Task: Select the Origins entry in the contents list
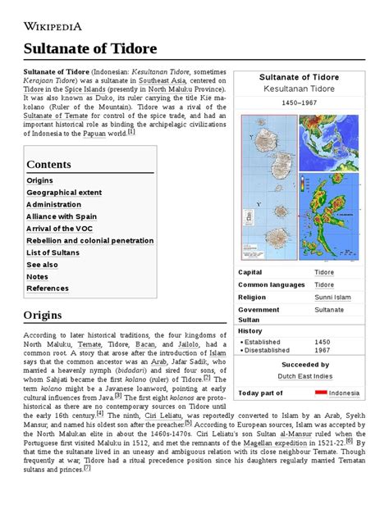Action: (39, 180)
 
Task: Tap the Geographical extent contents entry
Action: (64, 193)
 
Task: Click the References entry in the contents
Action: (48, 289)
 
